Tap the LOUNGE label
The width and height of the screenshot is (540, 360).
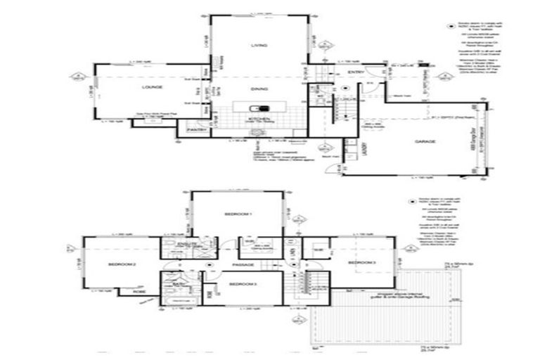coord(151,87)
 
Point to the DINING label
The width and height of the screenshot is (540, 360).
coord(259,89)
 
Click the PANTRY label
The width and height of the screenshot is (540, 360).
coord(195,131)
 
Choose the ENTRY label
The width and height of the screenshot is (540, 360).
coord(356,72)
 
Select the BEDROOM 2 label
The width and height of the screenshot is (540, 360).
coord(122,264)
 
